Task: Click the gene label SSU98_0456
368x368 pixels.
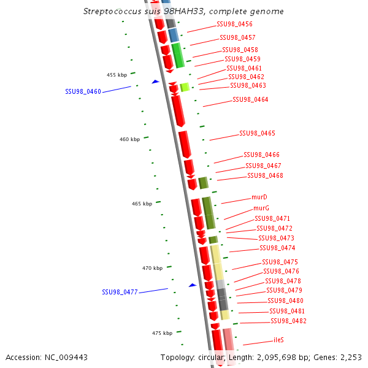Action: coord(234,25)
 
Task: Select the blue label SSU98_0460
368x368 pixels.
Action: coord(83,91)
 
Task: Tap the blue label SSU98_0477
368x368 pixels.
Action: coord(120,292)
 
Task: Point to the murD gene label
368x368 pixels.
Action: coord(259,197)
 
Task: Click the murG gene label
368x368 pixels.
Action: coord(261,208)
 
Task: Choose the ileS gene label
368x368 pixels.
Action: coord(278,340)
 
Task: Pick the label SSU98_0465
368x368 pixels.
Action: coord(257,133)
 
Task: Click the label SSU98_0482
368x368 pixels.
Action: coord(288,321)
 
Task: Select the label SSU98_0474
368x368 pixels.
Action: coord(277,248)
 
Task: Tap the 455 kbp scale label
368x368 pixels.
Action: coord(117,75)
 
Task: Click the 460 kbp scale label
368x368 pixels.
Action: coord(129,139)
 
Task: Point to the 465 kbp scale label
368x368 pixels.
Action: coord(142,204)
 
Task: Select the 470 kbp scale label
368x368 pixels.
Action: coord(152,268)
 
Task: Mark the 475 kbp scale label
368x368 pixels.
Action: coord(163,333)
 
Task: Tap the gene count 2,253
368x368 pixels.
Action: coord(350,357)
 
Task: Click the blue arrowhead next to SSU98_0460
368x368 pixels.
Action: coord(155,81)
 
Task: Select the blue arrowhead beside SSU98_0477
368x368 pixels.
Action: coord(192,285)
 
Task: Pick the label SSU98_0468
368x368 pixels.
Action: coord(265,175)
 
